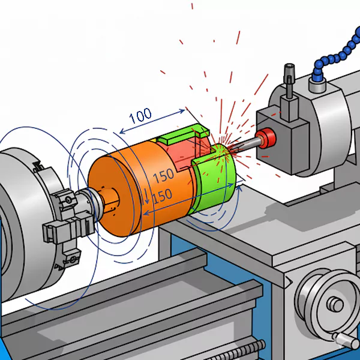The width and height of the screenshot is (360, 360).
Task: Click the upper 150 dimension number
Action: [163, 176]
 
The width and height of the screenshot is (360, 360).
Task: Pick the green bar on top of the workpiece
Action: [180, 136]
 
